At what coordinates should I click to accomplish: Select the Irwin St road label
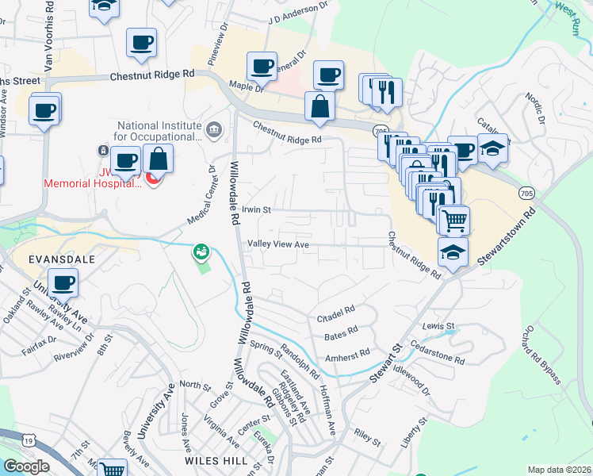257,210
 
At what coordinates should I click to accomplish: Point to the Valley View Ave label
277,244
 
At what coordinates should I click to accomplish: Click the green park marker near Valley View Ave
201,252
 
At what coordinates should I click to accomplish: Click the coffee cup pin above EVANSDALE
63,282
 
